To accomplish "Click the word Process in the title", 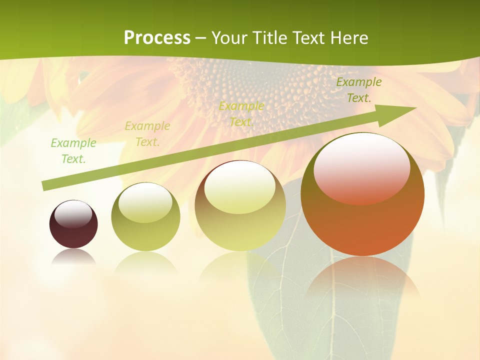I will coord(157,38).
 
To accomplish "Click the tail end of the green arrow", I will coord(45,186).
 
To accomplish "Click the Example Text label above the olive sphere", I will coord(147,134).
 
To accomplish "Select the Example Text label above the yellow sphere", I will coord(241,114).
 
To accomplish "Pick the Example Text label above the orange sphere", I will coord(358,90).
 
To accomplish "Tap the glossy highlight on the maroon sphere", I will coord(73,213).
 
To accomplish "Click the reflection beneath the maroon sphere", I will coord(73,257).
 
